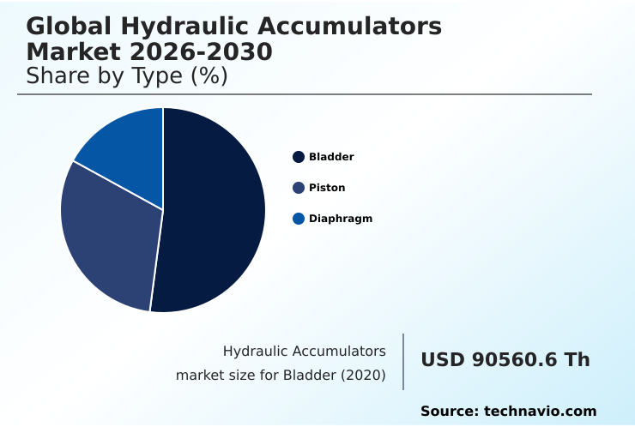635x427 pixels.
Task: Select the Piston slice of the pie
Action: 107,236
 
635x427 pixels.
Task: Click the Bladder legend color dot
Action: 299,157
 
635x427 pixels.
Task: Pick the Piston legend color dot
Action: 299,188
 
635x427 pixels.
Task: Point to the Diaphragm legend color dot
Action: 299,219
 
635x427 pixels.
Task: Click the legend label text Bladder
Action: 331,157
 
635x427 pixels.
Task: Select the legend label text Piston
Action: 327,188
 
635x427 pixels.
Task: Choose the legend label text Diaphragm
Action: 341,219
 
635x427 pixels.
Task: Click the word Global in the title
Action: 68,27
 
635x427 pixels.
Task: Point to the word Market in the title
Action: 70,52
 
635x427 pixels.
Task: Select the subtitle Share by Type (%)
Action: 127,76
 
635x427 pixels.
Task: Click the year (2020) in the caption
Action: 367,376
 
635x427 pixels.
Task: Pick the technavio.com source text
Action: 541,412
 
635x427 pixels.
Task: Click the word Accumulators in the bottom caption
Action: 340,351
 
